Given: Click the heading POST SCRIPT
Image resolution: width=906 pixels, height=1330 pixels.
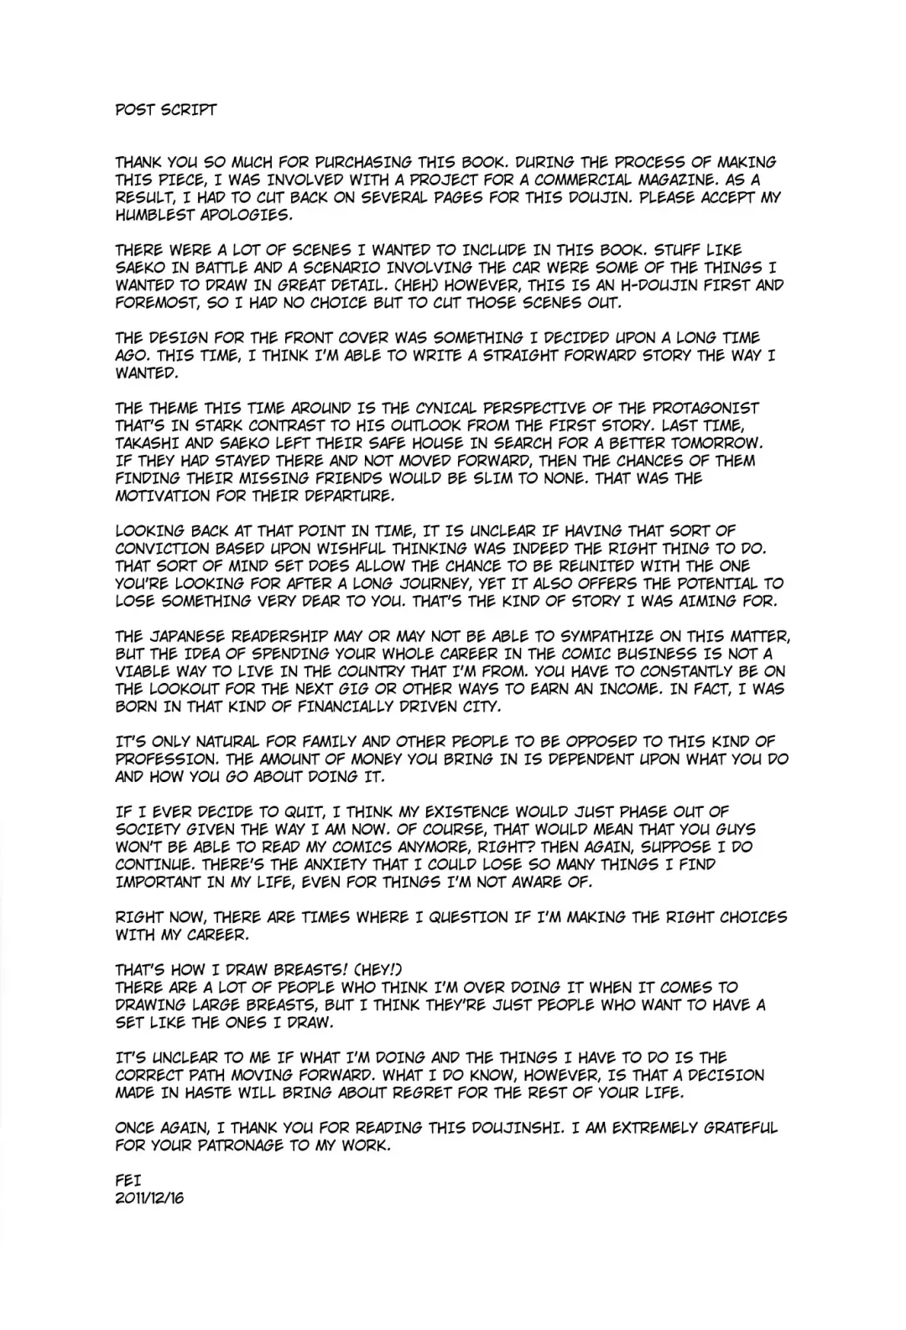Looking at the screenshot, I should [166, 110].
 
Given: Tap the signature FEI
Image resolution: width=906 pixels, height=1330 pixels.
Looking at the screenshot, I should [128, 1180].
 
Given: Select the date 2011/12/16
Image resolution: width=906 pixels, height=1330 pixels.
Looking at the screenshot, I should [149, 1197].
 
